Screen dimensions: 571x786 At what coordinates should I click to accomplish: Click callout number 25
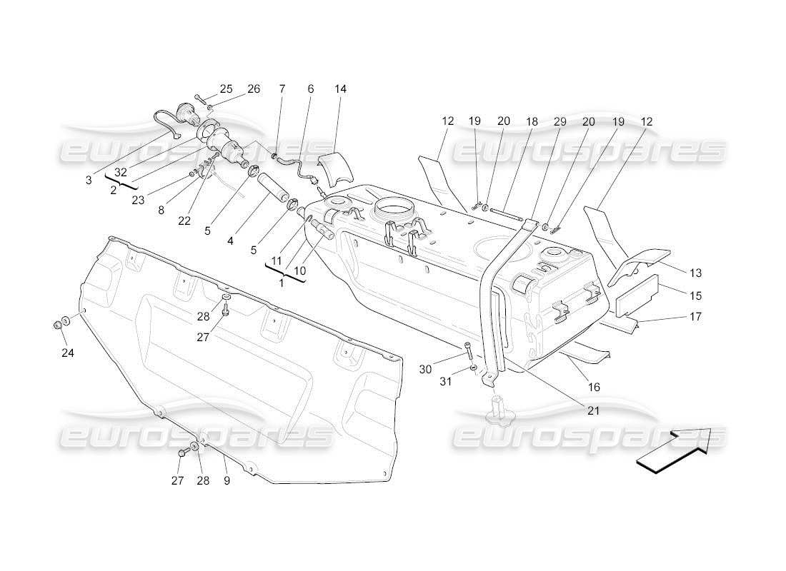coord(226,89)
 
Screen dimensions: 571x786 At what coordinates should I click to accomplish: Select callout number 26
coord(254,89)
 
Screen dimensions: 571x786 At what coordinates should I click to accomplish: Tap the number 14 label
coord(340,89)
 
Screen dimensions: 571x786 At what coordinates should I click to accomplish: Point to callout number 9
coord(226,480)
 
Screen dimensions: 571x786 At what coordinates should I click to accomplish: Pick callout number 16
coord(593,387)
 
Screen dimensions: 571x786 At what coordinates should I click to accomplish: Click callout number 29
coord(559,122)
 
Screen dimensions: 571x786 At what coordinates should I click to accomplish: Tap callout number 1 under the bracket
coord(281,283)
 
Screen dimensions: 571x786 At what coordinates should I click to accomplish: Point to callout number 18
coord(532,122)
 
